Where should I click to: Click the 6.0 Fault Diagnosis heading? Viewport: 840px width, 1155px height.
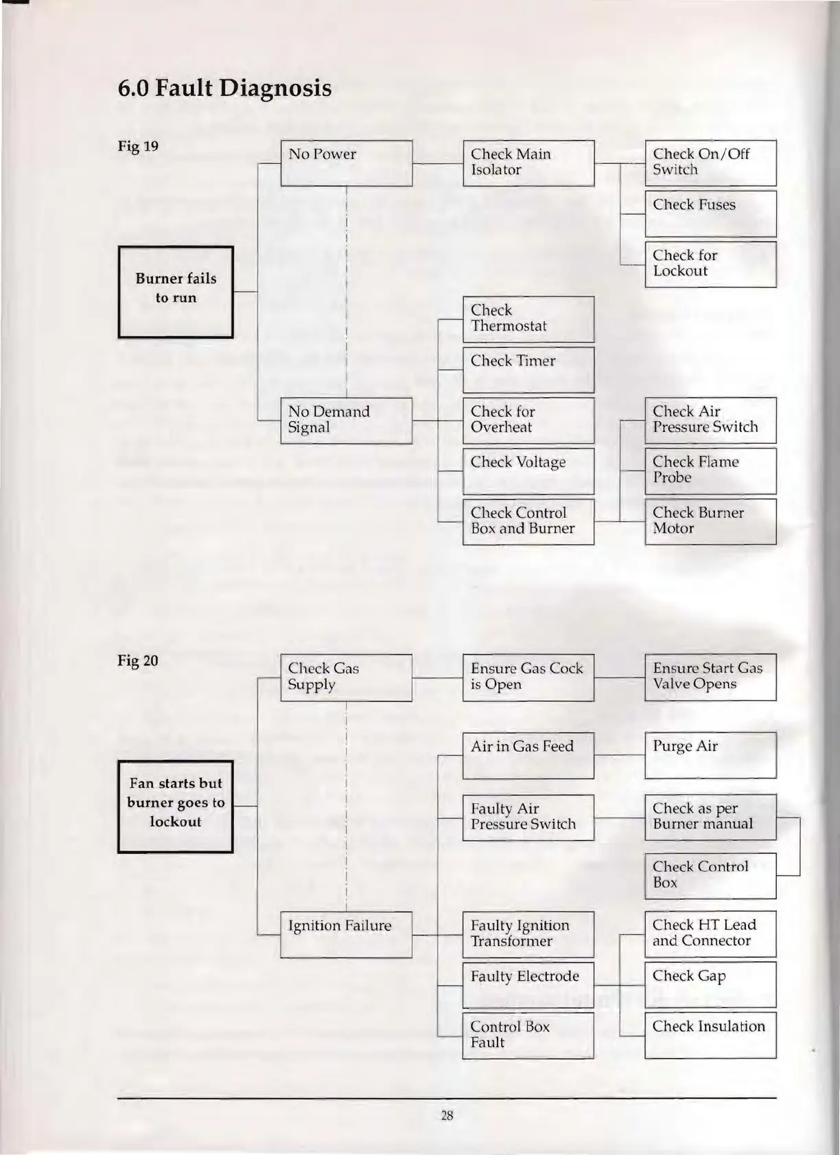click(x=224, y=88)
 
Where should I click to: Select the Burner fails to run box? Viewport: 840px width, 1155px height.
click(x=176, y=292)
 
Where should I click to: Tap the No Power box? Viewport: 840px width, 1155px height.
click(x=346, y=163)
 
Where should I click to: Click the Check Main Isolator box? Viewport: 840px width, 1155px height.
click(x=528, y=163)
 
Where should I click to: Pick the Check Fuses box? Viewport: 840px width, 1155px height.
click(x=710, y=213)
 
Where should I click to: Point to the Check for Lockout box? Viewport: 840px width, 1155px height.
click(x=710, y=264)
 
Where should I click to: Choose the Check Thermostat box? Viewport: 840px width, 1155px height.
click(x=528, y=319)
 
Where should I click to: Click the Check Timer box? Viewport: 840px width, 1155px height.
click(x=528, y=370)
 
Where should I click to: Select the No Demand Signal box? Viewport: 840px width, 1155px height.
click(x=346, y=420)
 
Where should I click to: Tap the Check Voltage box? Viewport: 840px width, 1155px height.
click(x=528, y=471)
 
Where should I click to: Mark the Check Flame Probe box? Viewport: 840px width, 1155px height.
click(x=710, y=471)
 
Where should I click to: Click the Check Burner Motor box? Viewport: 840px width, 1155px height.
click(x=710, y=521)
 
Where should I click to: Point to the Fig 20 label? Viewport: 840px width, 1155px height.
click(x=138, y=660)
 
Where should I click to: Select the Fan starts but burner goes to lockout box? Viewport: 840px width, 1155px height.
click(x=176, y=807)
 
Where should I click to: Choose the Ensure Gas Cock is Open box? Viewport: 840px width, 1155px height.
click(x=528, y=678)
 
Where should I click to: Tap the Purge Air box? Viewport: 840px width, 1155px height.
click(x=710, y=755)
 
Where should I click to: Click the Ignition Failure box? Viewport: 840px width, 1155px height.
click(x=346, y=934)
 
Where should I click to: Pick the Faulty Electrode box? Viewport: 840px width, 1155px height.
click(x=528, y=985)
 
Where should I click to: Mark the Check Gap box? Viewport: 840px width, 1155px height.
click(x=710, y=985)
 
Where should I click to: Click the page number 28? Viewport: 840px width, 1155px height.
click(x=447, y=1116)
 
